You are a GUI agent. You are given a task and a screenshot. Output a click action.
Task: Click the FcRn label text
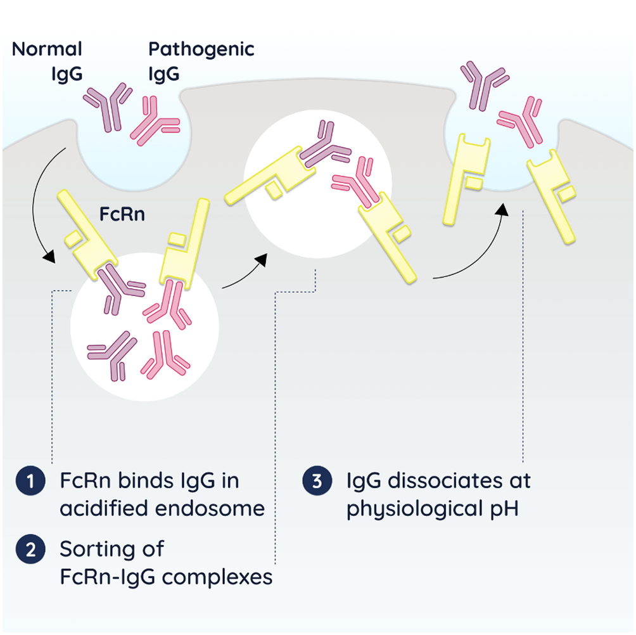[x=123, y=214]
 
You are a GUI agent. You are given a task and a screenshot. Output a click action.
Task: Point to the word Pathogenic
[x=201, y=49]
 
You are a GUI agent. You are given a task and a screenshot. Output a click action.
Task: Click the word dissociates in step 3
[x=444, y=481]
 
